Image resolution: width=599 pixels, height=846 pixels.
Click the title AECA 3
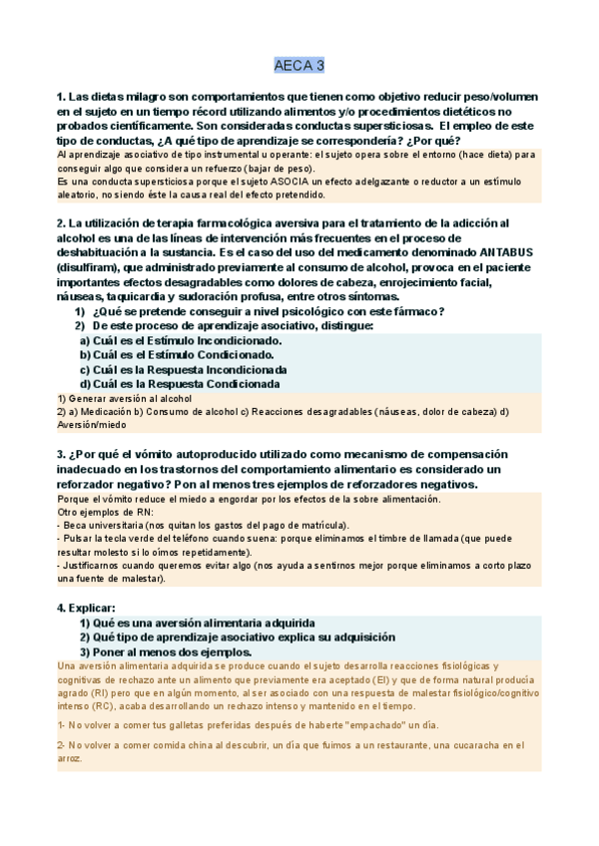(x=299, y=67)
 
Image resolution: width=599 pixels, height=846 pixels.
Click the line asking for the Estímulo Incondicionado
(x=180, y=340)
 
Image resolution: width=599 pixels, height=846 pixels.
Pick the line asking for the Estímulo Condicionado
(x=177, y=354)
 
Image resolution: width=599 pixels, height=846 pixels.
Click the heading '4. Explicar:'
(x=87, y=607)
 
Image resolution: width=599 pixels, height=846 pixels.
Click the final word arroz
(x=70, y=758)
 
